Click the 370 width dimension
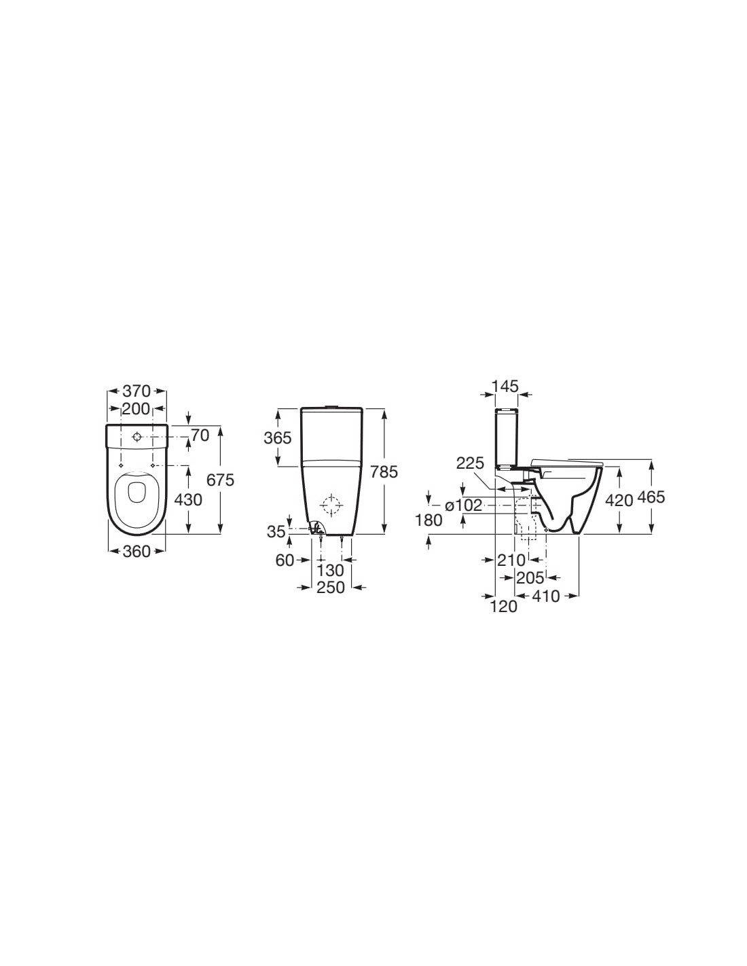[137, 391]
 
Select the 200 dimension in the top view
[136, 408]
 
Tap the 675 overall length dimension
[221, 480]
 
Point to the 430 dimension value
[188, 500]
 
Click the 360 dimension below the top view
[137, 551]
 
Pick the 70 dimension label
[200, 435]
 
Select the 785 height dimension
[384, 471]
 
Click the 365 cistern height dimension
[278, 438]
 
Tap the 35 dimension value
[276, 531]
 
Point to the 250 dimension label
[331, 587]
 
